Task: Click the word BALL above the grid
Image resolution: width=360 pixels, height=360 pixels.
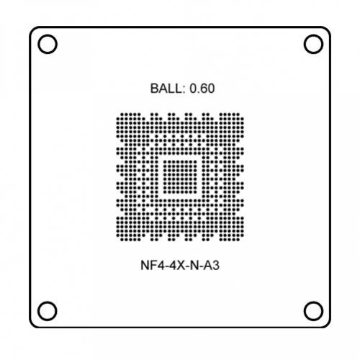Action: [x=166, y=89]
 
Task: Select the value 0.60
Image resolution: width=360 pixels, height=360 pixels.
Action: [x=202, y=89]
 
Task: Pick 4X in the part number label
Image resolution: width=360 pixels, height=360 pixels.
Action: [x=176, y=266]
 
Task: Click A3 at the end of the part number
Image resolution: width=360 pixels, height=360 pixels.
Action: [x=212, y=266]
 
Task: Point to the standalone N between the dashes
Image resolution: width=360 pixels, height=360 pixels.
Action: [x=194, y=266]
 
